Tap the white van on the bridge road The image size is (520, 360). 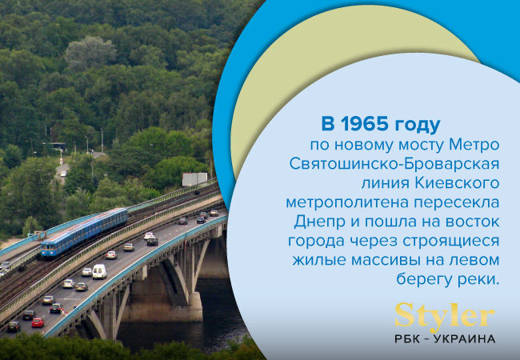point(99,271)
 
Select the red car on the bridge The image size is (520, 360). point(38,322)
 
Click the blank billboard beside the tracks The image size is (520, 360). point(194,179)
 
